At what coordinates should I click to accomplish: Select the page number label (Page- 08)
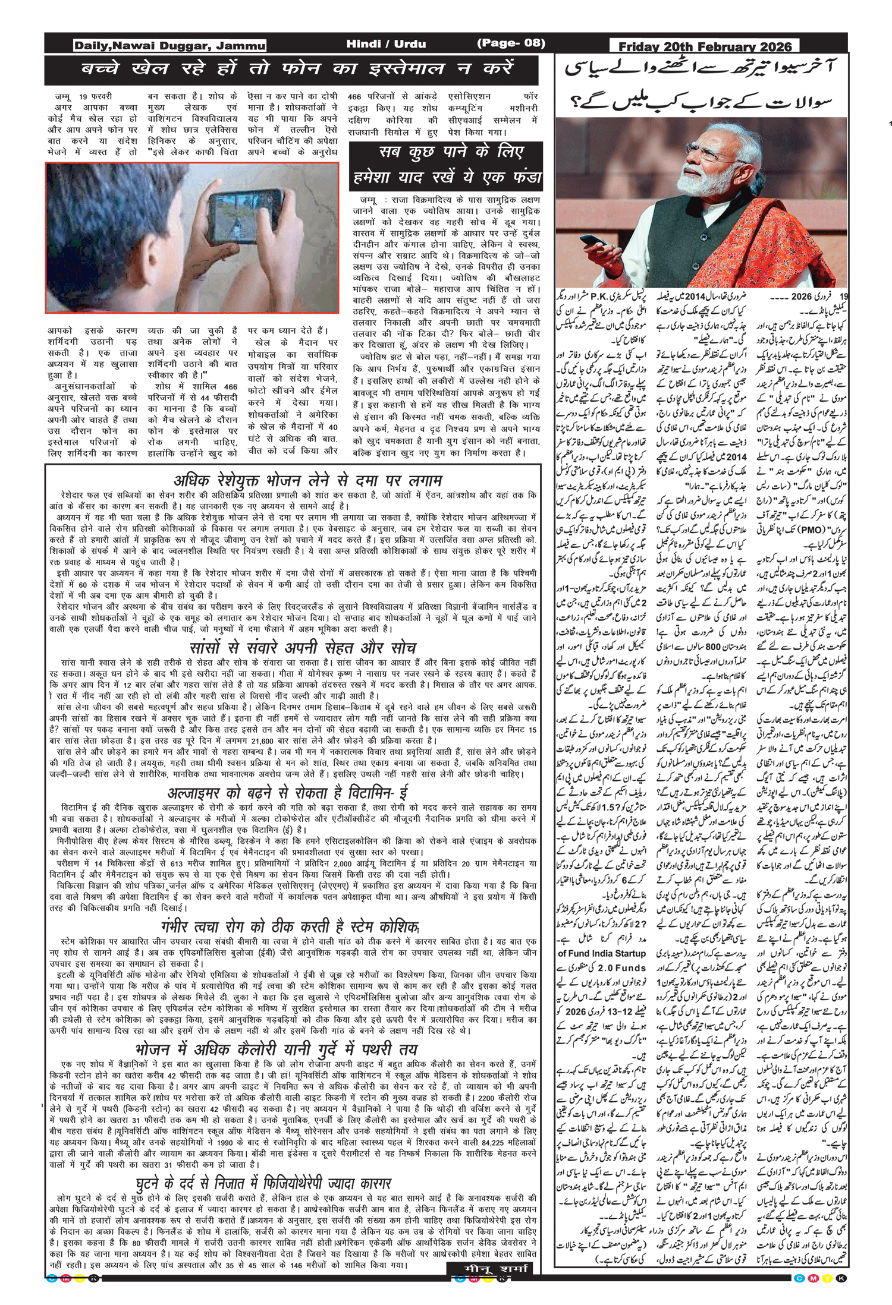point(511,43)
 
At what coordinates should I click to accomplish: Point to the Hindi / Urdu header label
point(386,43)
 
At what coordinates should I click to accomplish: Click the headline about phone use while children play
point(296,69)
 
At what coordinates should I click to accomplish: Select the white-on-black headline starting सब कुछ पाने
point(446,165)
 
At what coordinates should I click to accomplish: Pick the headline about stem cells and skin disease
point(290,926)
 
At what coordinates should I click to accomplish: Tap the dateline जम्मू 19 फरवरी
point(83,96)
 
